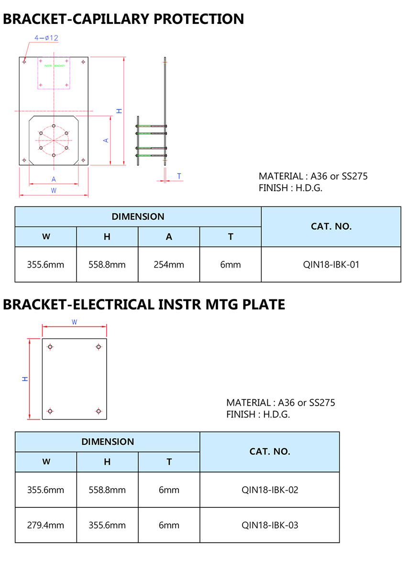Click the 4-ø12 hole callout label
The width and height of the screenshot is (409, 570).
[x=46, y=38]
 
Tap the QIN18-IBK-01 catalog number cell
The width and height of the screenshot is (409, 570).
[x=331, y=264]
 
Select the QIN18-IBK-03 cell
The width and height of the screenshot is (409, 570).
[x=270, y=525]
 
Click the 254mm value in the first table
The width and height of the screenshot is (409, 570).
[x=169, y=264]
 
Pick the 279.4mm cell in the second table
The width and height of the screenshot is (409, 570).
[x=45, y=525]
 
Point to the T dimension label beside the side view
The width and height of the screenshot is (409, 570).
[x=179, y=176]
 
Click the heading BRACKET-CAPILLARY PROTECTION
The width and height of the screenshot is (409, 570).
[x=123, y=19]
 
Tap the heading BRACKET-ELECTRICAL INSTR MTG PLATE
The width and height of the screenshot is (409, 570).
[x=144, y=304]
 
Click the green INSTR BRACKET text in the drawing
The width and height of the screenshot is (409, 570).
[x=54, y=66]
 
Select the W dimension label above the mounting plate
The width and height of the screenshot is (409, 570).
[x=74, y=323]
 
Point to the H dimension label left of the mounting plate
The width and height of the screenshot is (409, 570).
[x=25, y=379]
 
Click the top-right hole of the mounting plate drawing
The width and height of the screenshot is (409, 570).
[x=99, y=346]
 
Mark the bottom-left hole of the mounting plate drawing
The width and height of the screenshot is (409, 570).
[x=50, y=411]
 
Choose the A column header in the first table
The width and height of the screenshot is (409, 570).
[x=169, y=237]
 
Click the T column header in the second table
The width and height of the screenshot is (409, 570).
[x=169, y=462]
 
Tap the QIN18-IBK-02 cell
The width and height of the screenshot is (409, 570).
[x=270, y=490]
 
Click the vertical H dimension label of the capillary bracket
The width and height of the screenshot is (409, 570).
[x=120, y=111]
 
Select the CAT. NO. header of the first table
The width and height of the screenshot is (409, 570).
[x=331, y=226]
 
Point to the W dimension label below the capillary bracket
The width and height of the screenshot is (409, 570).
[x=54, y=190]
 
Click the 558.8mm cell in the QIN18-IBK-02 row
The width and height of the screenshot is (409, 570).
[x=107, y=490]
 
